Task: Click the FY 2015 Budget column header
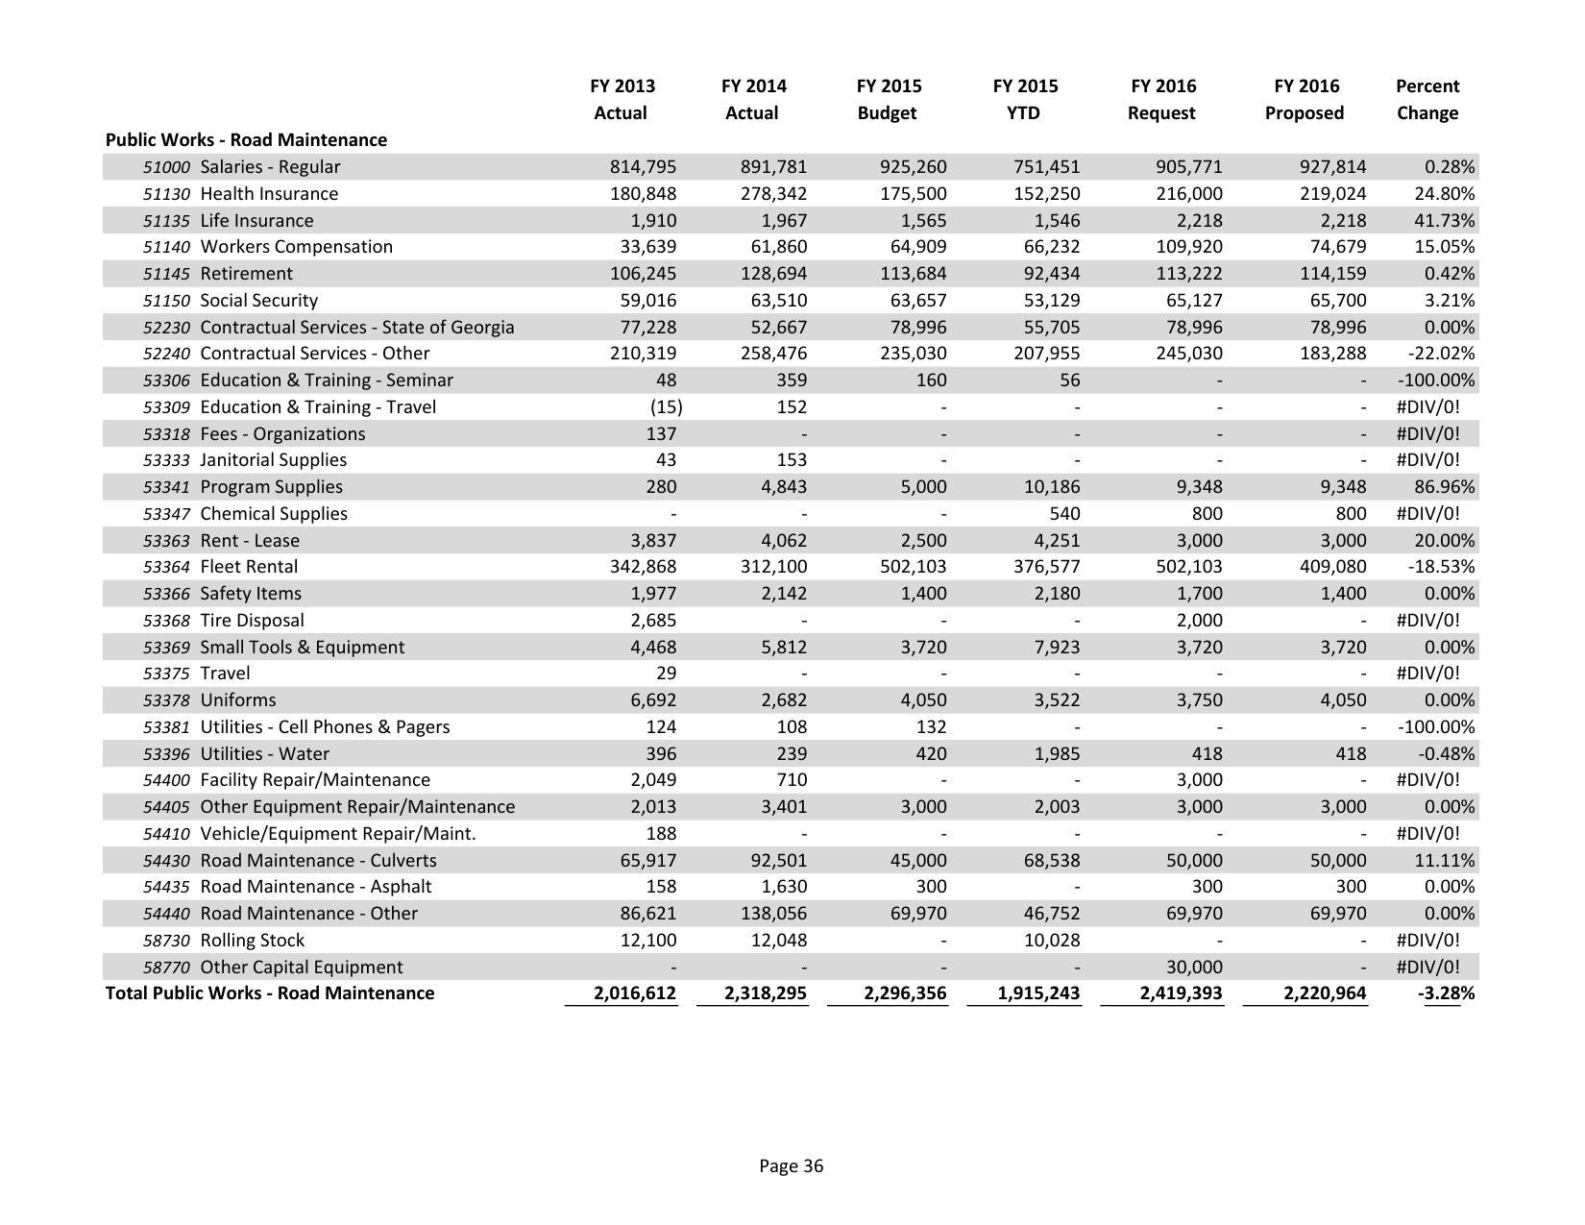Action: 888,99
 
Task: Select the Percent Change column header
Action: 1426,99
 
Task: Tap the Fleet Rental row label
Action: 249,567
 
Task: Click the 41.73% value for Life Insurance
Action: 1444,220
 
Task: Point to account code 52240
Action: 166,354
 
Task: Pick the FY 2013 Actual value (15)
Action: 665,407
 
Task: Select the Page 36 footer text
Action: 791,1166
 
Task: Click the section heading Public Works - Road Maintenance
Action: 246,140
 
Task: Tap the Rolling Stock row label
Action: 252,941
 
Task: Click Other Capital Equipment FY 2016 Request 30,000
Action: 1194,968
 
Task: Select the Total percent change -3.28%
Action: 1446,993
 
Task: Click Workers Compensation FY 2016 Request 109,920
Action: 1189,247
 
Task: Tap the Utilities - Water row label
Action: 264,754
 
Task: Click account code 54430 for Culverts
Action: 166,861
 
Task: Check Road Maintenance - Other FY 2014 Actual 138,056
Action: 772,914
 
